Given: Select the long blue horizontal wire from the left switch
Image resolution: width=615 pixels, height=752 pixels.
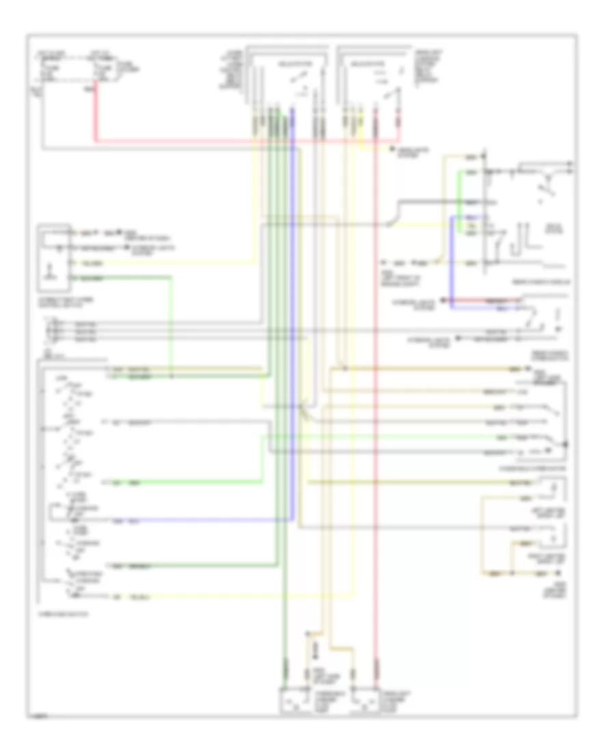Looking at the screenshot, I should coord(205,520).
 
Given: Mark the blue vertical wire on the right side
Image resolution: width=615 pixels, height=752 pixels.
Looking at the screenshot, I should coord(451,263).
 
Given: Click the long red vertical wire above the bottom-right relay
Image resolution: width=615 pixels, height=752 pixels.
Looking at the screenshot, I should coord(375,410).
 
